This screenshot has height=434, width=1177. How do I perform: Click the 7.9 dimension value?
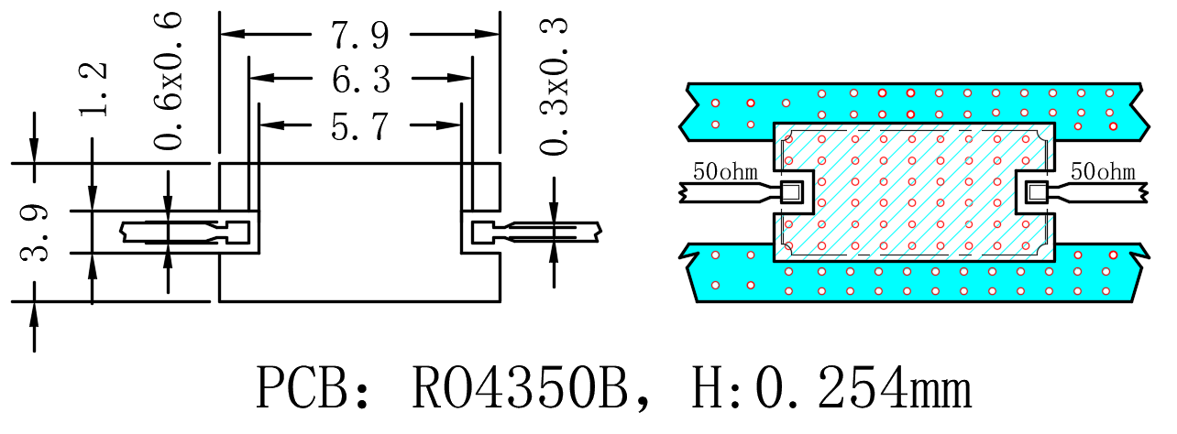click(360, 35)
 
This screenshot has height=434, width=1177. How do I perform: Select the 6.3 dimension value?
click(361, 80)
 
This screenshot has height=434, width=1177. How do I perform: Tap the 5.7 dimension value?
click(360, 126)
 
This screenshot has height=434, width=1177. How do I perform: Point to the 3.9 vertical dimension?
click(35, 233)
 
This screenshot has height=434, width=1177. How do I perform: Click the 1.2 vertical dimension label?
click(93, 89)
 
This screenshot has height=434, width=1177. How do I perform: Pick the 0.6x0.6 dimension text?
click(168, 81)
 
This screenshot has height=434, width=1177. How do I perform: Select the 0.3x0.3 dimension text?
click(554, 86)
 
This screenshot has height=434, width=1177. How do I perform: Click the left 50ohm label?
click(725, 171)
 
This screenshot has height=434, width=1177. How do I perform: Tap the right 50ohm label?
click(1103, 171)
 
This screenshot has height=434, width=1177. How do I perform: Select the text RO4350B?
click(520, 388)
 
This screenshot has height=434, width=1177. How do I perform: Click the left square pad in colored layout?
click(792, 192)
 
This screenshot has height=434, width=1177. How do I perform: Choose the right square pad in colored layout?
click(1037, 192)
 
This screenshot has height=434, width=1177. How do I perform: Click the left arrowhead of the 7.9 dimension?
click(232, 34)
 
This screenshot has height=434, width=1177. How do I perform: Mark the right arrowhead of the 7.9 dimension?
click(487, 34)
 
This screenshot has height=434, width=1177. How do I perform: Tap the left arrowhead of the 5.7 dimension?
click(271, 125)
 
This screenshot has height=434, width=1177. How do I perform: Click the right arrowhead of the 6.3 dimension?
click(460, 78)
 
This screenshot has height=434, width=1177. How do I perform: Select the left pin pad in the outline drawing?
click(237, 233)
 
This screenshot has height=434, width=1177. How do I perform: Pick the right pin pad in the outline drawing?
click(483, 233)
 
